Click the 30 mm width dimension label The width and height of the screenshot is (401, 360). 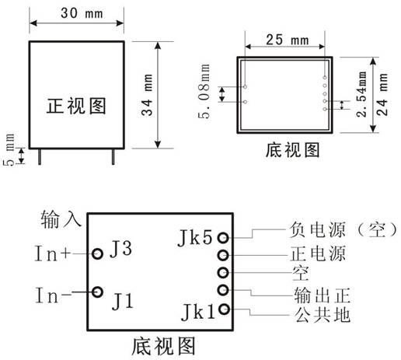coord(82,13)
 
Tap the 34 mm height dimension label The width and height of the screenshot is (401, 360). coord(147,95)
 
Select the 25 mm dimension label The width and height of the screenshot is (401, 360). coord(288,40)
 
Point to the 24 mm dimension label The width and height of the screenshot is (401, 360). coord(382,94)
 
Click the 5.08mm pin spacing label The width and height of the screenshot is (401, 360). coord(204,91)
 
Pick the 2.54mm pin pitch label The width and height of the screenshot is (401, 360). coord(361,94)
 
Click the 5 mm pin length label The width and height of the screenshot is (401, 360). coord(9,149)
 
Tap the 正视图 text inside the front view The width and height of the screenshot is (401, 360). coord(76,106)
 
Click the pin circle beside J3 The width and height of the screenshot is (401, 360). coord(97,253)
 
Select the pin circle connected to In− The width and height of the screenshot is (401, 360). coord(97,292)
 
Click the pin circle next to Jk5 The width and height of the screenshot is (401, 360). coord(223,237)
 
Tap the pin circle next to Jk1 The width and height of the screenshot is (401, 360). coord(224,309)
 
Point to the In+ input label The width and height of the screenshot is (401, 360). coord(53,253)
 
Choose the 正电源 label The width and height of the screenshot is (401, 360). coord(318,253)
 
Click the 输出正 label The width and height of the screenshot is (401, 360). coord(322,295)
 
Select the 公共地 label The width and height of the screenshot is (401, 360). coord(323,315)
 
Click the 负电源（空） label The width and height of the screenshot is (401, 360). coord(343,229)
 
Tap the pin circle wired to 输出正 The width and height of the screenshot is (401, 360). coord(223,290)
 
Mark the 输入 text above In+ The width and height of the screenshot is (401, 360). coord(61,219)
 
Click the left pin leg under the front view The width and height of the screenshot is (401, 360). coord(40,156)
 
